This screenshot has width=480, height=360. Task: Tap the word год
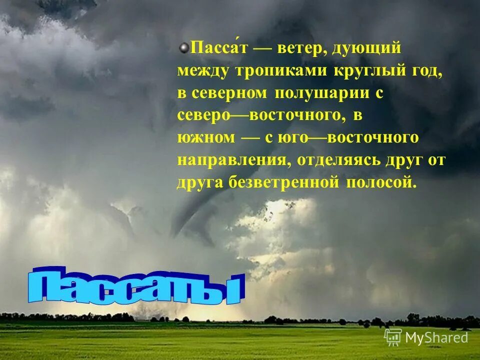[426, 71]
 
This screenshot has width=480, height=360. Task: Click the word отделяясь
[340, 160]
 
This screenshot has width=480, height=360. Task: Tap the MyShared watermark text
[436, 337]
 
